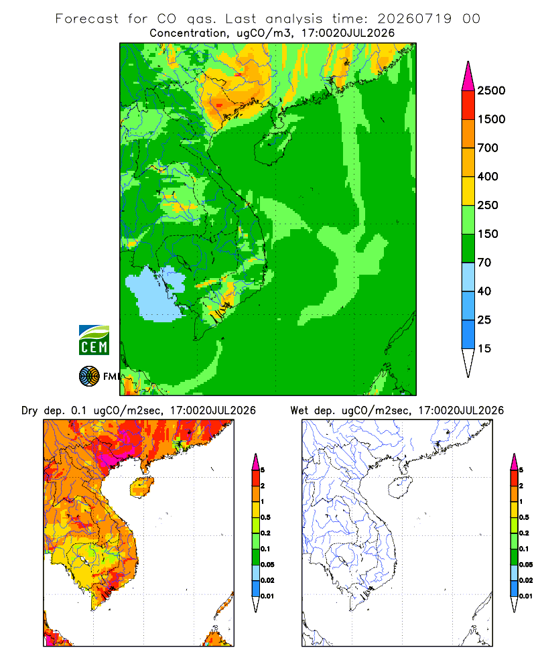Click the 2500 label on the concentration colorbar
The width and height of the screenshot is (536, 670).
(x=491, y=90)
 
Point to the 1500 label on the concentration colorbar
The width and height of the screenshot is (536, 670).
(x=491, y=119)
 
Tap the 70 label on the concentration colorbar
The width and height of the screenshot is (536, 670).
(x=484, y=263)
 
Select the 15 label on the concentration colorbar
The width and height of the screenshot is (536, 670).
(x=484, y=348)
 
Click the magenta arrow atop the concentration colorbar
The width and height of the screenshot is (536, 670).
(x=468, y=77)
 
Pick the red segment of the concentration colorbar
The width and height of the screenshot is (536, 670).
(x=468, y=105)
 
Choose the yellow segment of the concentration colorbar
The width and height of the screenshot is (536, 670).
(x=468, y=191)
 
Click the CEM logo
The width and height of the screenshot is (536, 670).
(x=94, y=340)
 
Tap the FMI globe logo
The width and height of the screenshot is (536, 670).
(x=89, y=377)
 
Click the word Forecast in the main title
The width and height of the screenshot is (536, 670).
(x=87, y=19)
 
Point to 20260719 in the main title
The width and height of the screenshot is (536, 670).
(x=414, y=19)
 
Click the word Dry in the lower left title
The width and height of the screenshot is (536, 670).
(x=29, y=411)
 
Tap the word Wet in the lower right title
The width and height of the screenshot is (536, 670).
(x=299, y=411)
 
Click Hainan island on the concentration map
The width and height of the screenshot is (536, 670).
(x=272, y=147)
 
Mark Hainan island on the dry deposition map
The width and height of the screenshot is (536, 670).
(x=141, y=487)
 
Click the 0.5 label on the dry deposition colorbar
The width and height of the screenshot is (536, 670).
(x=265, y=517)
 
